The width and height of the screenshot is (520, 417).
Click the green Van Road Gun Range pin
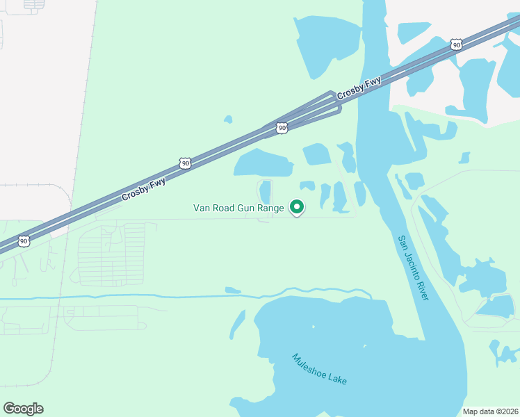(x=297, y=207)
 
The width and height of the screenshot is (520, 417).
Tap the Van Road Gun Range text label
(x=238, y=208)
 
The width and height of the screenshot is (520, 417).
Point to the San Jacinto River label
(x=413, y=268)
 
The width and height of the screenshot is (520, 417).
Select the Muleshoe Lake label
(x=319, y=370)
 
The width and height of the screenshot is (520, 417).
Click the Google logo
(x=23, y=409)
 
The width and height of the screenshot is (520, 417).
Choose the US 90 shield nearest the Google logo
(x=24, y=241)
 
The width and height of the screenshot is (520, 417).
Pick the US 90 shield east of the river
(x=455, y=44)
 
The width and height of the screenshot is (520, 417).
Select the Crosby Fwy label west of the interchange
(x=143, y=187)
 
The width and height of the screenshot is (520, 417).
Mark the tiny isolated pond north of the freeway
(x=227, y=120)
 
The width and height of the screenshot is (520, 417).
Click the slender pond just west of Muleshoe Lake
(x=237, y=325)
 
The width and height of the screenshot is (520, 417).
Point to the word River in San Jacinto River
(x=422, y=287)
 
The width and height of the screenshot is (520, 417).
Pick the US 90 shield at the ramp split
(x=282, y=128)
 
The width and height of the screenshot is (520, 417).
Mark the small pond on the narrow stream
(x=233, y=290)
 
